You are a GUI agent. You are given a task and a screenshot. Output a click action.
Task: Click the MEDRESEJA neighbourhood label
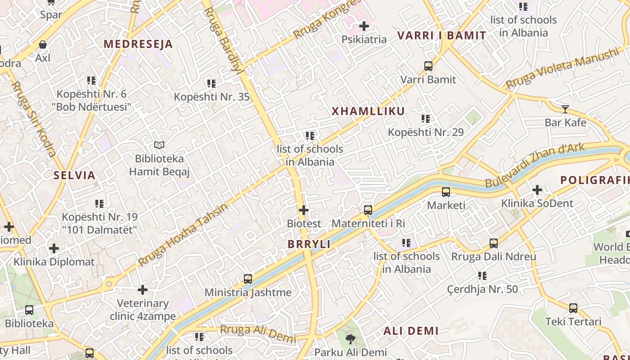coord(138,44)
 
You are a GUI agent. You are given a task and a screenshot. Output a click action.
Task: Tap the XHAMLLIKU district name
coord(368,112)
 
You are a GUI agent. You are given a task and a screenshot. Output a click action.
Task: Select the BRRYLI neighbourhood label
coord(309,244)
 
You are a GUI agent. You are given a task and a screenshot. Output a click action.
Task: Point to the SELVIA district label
coord(75,175)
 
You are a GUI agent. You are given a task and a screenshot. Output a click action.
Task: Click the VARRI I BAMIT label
coord(441,36)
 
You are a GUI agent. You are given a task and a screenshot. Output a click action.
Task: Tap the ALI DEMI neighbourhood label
coord(411,331)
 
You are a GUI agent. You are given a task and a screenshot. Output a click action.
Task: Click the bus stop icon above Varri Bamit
coord(428,66)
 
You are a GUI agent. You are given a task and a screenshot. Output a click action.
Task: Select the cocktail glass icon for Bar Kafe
coord(565,109)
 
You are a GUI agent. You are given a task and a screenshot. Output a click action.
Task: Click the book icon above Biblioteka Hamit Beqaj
coord(159,145)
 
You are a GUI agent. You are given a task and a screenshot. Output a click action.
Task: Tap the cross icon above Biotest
coord(304,210)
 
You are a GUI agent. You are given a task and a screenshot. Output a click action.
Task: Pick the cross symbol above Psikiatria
coord(364,26)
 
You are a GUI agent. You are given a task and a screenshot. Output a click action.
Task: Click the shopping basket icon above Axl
coord(43,45)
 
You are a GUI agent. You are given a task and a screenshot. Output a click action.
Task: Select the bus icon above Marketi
coord(446,192)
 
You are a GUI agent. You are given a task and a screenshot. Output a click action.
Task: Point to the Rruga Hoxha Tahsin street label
coord(183,235)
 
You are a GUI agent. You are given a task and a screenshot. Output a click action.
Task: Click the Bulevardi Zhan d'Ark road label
coord(535,165)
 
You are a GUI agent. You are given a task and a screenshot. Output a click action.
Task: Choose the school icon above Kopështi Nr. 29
coord(426,119)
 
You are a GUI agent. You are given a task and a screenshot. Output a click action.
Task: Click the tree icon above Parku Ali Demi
coord(351,339)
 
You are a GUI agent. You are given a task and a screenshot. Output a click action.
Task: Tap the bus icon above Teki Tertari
coord(573,308)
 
